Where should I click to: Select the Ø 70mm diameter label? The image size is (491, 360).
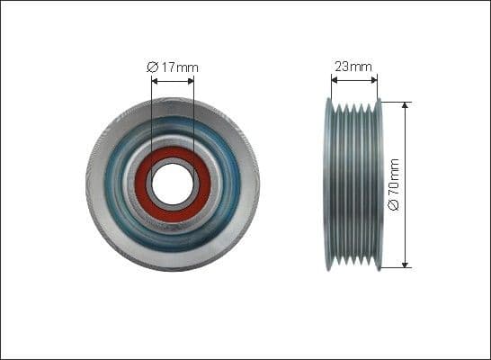coord(393,185)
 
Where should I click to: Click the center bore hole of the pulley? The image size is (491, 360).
coord(173,184)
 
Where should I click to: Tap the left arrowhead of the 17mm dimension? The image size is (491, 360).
coord(155,80)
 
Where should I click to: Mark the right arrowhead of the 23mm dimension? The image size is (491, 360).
coord(376,79)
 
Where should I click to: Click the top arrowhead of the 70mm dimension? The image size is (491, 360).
coord(406,104)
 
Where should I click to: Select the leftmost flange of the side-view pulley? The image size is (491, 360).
coord(328,184)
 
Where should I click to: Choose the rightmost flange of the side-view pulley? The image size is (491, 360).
coord(379,184)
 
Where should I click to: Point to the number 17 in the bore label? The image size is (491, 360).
coord(170,67)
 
